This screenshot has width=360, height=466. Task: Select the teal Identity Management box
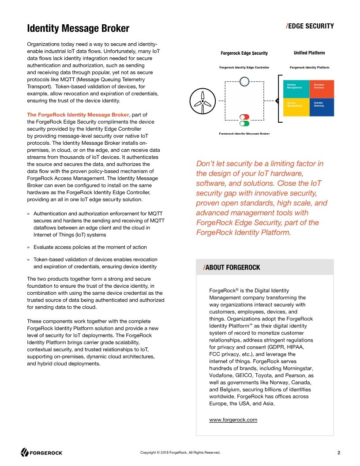coord(296,89)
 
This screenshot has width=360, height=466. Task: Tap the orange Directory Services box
coord(322,89)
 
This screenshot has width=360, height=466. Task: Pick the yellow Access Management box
coord(296,107)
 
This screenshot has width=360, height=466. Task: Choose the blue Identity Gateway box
coord(322,107)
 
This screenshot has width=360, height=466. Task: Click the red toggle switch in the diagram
coord(244,117)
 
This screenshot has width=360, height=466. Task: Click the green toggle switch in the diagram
coord(244,124)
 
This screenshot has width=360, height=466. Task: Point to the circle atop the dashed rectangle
coord(244,81)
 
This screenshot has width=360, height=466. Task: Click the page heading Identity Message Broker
coord(78,29)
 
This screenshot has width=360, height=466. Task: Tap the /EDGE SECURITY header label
coord(310,26)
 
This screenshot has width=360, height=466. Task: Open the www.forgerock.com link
coord(233,420)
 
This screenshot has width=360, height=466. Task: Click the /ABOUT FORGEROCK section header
coord(232,267)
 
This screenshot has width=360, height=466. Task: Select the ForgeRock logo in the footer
coord(42,452)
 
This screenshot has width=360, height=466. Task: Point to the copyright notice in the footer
coord(180,453)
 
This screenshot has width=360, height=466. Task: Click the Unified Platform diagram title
coord(309,53)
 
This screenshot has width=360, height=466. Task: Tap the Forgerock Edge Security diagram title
coord(244,53)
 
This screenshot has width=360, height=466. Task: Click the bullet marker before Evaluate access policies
coord(29,247)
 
